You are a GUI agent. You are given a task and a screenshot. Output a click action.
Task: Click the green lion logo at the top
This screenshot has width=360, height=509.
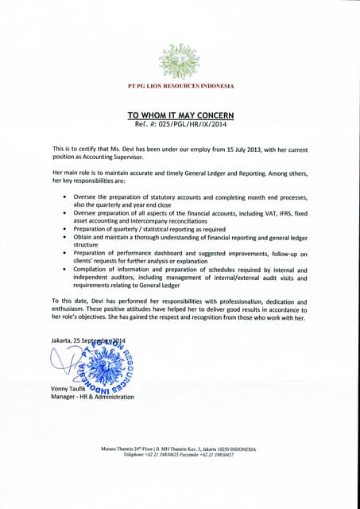180,60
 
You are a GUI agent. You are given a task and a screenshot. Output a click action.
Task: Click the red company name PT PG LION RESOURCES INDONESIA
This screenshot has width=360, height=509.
180,86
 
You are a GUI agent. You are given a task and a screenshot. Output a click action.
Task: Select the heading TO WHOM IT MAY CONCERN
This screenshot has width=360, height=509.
180,115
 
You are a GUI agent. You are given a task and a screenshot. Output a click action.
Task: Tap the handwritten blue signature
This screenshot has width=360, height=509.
64,362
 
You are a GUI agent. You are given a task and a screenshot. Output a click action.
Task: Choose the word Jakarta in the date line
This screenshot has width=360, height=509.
61,341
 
